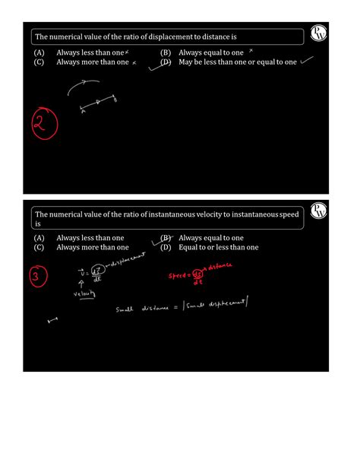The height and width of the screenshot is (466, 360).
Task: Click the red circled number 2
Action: pos(43,125)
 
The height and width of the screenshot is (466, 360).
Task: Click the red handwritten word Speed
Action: pos(178,277)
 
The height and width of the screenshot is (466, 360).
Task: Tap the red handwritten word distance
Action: pos(217,266)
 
